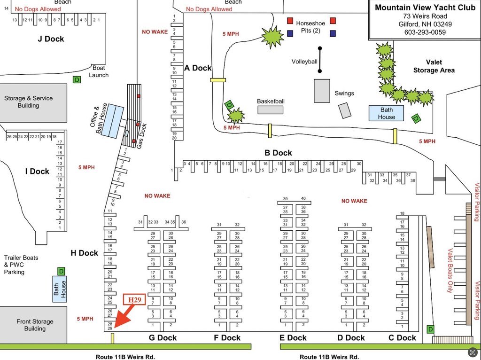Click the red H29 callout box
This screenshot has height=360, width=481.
coord(134,299)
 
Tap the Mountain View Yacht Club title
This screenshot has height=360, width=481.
coord(425,8)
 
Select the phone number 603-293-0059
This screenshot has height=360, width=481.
coord(425,32)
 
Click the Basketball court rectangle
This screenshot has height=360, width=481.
coord(270,110)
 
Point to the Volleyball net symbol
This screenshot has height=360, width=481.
coord(319,60)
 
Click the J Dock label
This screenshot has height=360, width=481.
coord(51,39)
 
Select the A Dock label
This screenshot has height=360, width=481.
coord(198,68)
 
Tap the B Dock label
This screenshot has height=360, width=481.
coord(278,153)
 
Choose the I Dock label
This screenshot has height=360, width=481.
coord(38,171)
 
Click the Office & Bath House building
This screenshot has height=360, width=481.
coord(112,121)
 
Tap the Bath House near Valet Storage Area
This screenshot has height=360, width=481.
coord(386,113)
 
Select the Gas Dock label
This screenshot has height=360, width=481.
coord(141,136)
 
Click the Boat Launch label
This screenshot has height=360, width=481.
coord(99,71)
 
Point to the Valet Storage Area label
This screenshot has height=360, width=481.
coord(434,66)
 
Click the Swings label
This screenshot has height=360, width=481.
coord(344,94)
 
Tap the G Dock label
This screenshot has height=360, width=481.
coord(163,338)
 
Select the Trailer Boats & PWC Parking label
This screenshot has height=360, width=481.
coord(21,265)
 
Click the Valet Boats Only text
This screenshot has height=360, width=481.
coord(450,271)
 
